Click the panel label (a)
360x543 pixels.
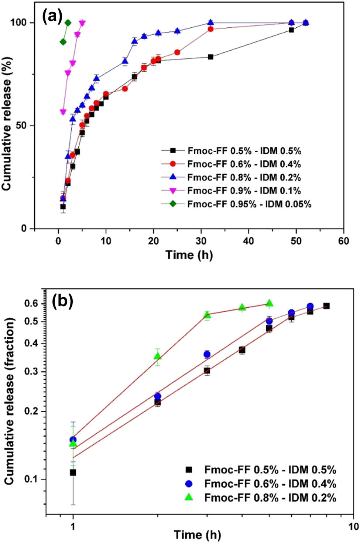point(52,16)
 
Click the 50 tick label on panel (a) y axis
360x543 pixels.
point(21,126)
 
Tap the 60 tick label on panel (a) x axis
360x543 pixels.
point(343,241)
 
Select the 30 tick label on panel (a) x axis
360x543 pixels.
point(201,241)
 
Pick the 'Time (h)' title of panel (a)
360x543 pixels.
point(189,255)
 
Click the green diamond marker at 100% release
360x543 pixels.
point(68,23)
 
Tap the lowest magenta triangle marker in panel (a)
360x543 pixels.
point(63,112)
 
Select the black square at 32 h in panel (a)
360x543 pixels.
point(210,57)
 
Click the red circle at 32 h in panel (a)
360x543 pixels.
point(210,29)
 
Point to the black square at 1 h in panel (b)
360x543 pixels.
point(73,472)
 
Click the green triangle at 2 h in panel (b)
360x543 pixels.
point(158,356)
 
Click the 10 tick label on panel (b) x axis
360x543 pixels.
point(353,526)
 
